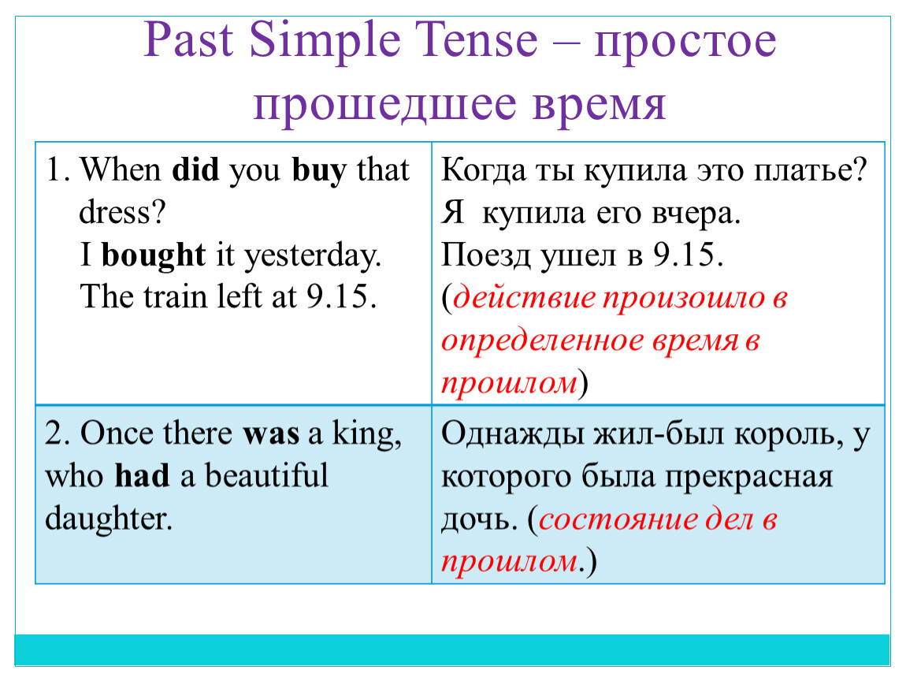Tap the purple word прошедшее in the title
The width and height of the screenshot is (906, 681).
pos(384,104)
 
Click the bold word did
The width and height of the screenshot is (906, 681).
pos(195,170)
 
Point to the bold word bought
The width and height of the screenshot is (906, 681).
pos(153,255)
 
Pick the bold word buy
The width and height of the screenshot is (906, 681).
pos(319,171)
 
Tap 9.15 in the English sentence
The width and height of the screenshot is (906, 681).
pos(340,296)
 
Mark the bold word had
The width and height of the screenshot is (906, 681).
pos(142,475)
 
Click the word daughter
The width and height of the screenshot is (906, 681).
pos(108,519)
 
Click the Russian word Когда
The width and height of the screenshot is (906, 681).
pos(484,170)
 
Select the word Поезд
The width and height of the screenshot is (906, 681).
pos(485,255)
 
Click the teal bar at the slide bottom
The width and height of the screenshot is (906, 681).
pos(452,649)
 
